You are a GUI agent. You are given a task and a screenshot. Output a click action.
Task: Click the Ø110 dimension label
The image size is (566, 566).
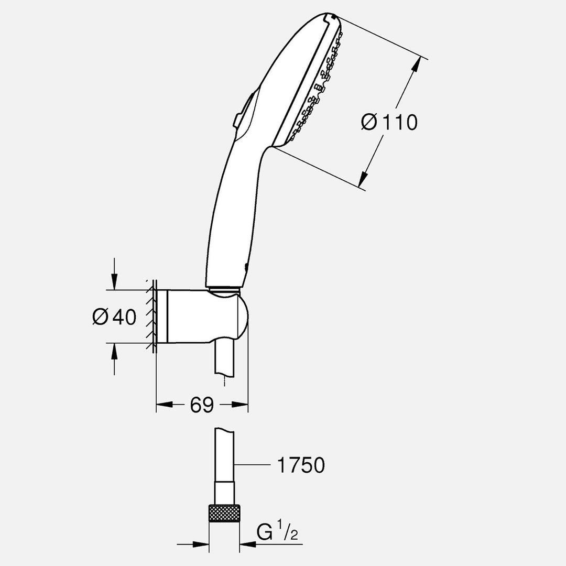pos(389,122)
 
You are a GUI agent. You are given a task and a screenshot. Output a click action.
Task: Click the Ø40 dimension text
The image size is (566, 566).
pos(114,317)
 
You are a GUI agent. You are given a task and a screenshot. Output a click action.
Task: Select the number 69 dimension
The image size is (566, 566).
pos(202,405)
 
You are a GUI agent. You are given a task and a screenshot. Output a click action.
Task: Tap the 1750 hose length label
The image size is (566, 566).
pos(300,465)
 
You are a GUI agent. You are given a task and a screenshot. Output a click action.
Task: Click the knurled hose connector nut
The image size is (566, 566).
pos(224,513)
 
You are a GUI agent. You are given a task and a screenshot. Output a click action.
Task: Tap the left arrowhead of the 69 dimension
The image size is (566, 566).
pos(162,404)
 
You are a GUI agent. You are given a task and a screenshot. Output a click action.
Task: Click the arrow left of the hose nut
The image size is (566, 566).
pos(202,544)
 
